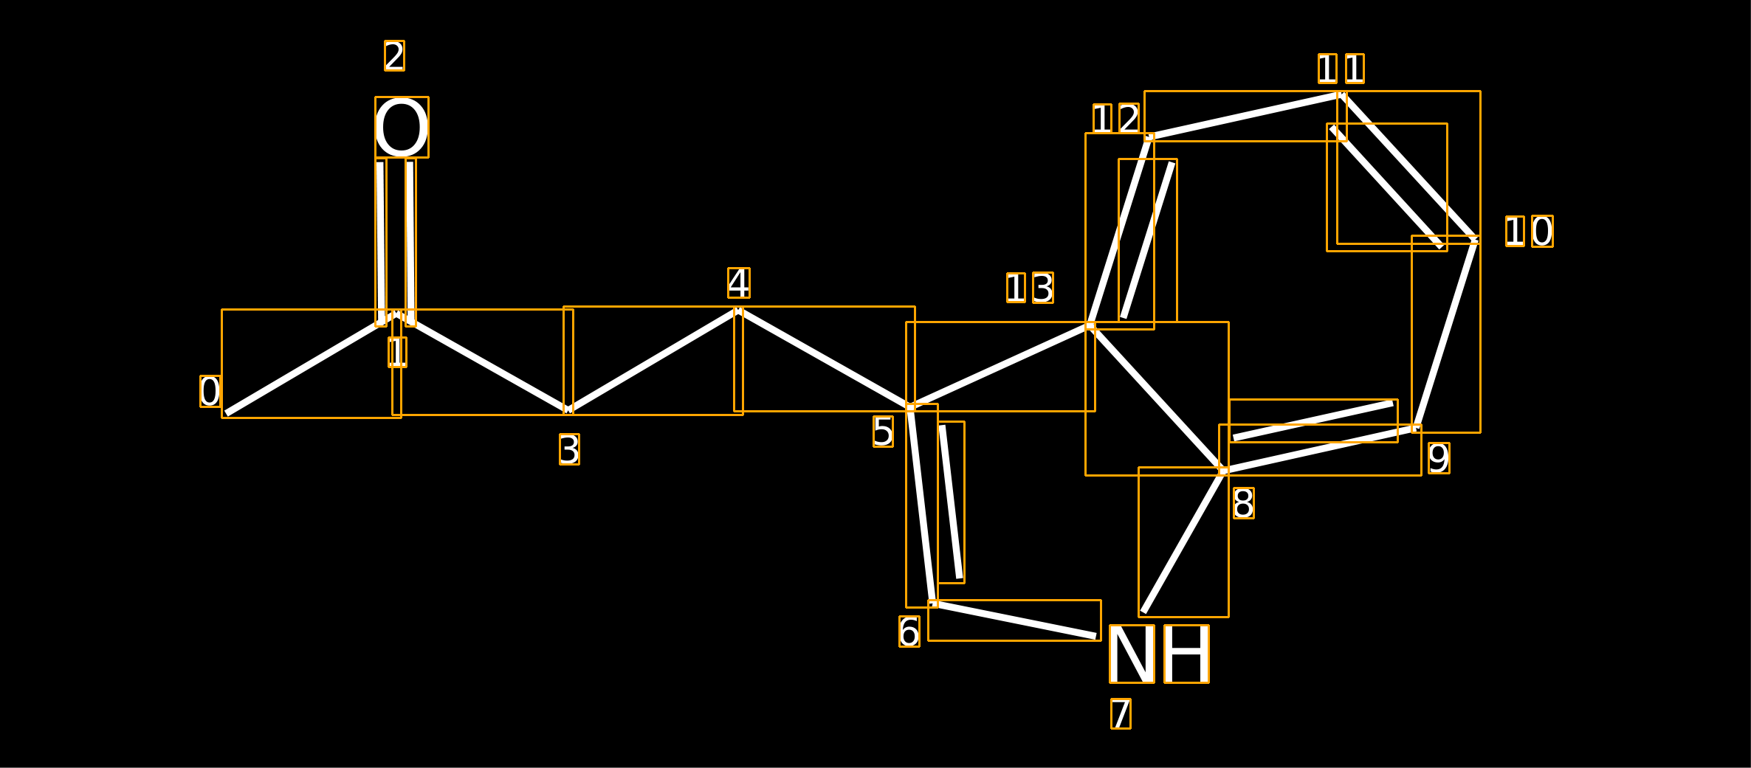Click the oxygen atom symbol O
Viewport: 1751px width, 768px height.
pos(402,127)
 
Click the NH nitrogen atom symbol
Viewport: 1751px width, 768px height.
pos(1159,654)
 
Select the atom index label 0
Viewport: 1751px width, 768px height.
pos(210,391)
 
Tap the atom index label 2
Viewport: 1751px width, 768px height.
pos(394,56)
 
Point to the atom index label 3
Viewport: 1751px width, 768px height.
pos(569,449)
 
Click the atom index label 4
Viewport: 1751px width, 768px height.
pos(739,283)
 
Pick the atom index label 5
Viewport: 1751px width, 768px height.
pos(883,432)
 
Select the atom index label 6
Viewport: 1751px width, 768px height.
pos(909,632)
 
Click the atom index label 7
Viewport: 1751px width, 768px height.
pos(1121,713)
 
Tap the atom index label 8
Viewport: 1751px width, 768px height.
pos(1244,503)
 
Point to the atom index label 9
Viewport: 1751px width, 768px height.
pos(1439,458)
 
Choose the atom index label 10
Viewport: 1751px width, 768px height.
pos(1530,232)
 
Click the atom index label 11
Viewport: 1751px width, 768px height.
pos(1341,69)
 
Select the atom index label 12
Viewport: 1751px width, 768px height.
pos(1117,119)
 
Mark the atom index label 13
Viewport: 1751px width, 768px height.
pos(1030,288)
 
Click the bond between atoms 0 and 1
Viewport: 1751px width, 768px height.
pos(312,364)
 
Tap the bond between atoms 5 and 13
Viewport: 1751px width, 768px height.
pos(1000,367)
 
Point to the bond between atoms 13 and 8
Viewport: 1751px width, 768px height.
pos(1157,398)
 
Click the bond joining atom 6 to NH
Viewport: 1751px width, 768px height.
pos(1014,620)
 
